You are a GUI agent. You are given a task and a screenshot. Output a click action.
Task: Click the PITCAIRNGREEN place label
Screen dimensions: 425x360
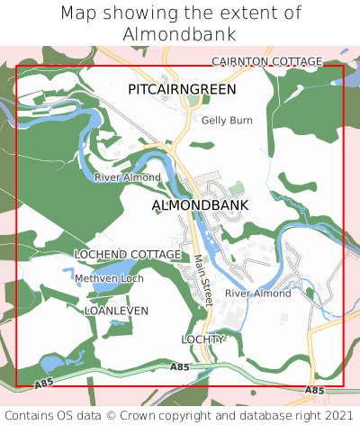tap(182, 90)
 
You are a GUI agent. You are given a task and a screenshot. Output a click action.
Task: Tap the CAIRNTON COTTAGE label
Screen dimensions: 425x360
tap(266, 61)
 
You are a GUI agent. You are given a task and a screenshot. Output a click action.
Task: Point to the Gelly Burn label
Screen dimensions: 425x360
tap(227, 120)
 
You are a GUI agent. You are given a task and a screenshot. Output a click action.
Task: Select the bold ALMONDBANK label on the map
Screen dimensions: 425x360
tap(200, 205)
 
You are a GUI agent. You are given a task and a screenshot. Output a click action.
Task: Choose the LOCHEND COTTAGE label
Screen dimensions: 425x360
tap(127, 255)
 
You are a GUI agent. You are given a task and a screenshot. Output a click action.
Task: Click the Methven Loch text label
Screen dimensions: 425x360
tap(109, 279)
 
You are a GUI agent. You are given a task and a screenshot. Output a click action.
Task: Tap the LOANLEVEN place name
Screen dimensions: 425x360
tap(115, 310)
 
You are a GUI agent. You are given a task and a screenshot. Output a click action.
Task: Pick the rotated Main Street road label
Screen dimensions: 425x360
tap(202, 280)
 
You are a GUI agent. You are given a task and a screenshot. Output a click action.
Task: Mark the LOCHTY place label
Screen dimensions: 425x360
tap(202, 339)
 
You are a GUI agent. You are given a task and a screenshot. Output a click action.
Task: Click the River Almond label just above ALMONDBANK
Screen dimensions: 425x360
tap(127, 177)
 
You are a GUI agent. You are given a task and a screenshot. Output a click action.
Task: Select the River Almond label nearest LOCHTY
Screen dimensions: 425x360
tap(258, 294)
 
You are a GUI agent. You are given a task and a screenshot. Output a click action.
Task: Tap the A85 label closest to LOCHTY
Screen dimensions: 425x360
tap(180, 367)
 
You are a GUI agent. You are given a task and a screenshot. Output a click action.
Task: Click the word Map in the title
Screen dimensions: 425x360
tap(78, 14)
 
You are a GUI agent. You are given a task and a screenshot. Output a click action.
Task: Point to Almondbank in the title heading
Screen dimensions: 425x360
tap(180, 34)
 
